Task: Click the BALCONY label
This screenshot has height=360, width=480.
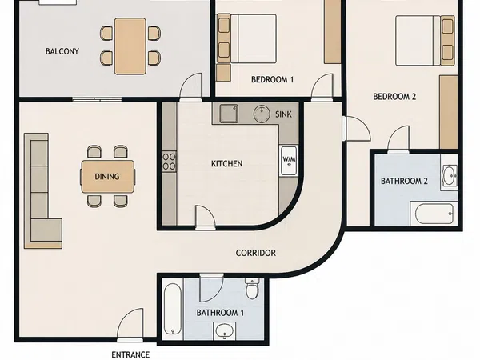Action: [x=62, y=51]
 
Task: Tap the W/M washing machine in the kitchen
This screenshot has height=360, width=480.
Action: [x=289, y=160]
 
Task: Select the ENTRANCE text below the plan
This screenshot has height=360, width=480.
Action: [x=130, y=354]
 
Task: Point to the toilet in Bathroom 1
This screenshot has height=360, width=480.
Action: [x=252, y=289]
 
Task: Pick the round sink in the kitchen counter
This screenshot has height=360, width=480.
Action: [x=262, y=114]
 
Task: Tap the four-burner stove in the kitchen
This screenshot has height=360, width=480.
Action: [x=169, y=162]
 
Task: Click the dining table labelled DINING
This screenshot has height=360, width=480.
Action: [x=107, y=177]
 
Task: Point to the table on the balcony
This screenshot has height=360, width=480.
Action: [x=130, y=46]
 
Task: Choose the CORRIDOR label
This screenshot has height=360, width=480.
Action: [x=256, y=253]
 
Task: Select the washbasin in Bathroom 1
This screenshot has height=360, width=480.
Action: [x=225, y=330]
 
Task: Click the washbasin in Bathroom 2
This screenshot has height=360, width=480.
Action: [x=449, y=175]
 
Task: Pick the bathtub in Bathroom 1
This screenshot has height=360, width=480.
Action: [x=173, y=309]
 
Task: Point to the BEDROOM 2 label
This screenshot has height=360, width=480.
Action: [x=394, y=97]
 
